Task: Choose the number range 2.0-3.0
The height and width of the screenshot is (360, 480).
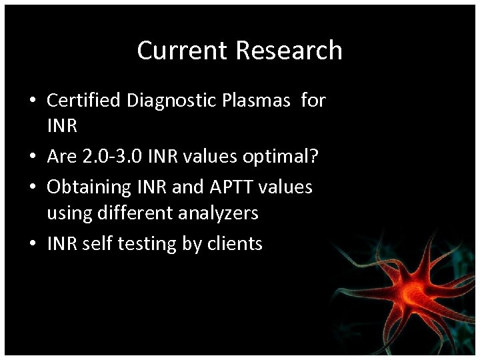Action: (x=113, y=158)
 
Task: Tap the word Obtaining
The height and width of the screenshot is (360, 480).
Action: (x=89, y=187)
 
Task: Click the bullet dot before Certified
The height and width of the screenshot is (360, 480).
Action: (x=32, y=101)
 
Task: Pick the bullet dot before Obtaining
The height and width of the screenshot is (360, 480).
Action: (x=32, y=187)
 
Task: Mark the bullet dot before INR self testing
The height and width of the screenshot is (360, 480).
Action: (x=32, y=245)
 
